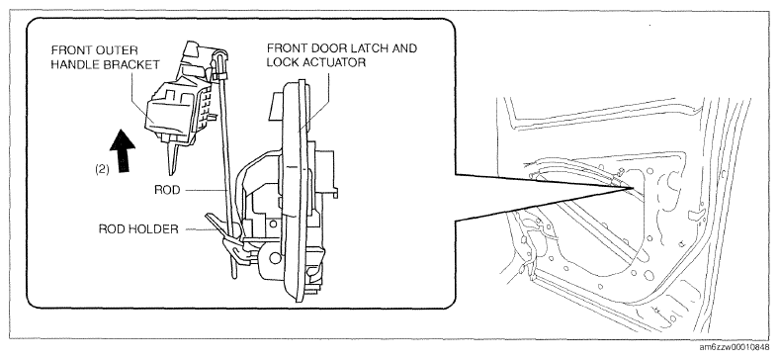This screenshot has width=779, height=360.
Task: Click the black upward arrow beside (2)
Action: [123, 150]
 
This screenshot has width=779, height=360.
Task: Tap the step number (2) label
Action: [102, 169]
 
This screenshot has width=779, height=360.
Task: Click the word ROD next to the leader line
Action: [167, 190]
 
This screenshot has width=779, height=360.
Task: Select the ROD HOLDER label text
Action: [138, 229]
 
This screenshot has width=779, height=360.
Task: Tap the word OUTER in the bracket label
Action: [121, 50]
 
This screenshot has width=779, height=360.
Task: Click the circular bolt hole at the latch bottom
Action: [274, 257]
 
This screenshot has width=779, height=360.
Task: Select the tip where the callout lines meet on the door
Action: [633, 188]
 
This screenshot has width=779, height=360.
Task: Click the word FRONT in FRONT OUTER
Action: [69, 50]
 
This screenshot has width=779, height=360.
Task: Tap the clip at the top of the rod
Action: [218, 74]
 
